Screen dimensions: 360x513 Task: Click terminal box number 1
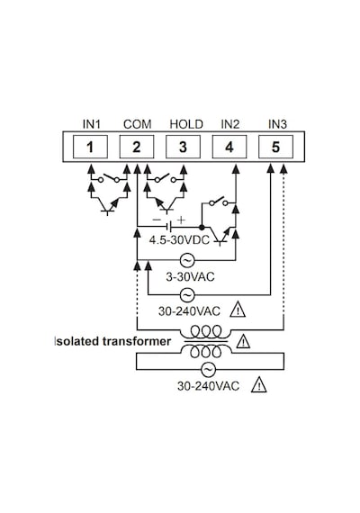(x=90, y=147)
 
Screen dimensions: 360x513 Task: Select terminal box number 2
(x=137, y=147)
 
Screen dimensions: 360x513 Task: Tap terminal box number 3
(x=183, y=147)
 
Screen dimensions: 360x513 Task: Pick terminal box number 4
(x=229, y=147)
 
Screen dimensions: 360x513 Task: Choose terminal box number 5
(x=276, y=147)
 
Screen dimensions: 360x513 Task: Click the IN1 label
(x=92, y=124)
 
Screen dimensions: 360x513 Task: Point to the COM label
(x=138, y=124)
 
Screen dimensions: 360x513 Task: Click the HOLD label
(x=186, y=124)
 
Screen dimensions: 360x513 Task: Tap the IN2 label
(x=230, y=124)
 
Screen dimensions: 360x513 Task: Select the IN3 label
(x=277, y=124)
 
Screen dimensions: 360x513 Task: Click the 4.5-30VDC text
(x=179, y=240)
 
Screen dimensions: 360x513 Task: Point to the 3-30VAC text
(x=190, y=277)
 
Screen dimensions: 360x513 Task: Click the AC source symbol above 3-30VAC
(x=187, y=260)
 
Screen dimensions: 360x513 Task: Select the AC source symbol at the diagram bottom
(x=208, y=370)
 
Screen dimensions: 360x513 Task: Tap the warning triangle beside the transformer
(x=243, y=342)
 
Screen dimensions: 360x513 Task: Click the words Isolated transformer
(x=112, y=341)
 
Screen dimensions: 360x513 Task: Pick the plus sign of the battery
(x=181, y=220)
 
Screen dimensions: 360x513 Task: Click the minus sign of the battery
(x=157, y=220)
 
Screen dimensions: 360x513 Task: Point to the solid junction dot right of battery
(x=202, y=227)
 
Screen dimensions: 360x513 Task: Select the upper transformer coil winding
(x=206, y=331)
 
